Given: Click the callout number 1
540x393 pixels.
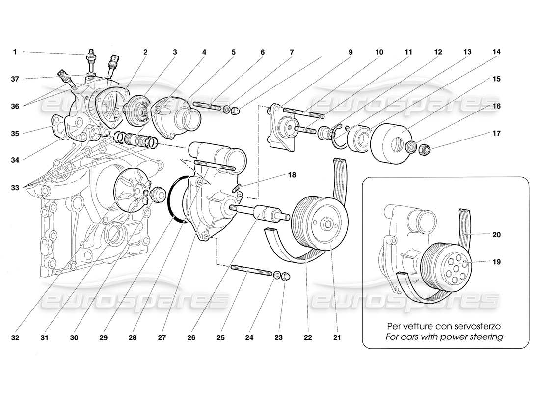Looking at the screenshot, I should pos(15,52).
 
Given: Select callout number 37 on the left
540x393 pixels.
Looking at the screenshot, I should pos(16,79).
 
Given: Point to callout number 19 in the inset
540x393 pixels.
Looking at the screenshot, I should pos(496,262).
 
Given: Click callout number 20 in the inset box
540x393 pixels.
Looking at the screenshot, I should pos(496,235).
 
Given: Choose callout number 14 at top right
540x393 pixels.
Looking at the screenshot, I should pos(497,52).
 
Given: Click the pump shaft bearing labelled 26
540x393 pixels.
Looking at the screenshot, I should pos(266,214).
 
